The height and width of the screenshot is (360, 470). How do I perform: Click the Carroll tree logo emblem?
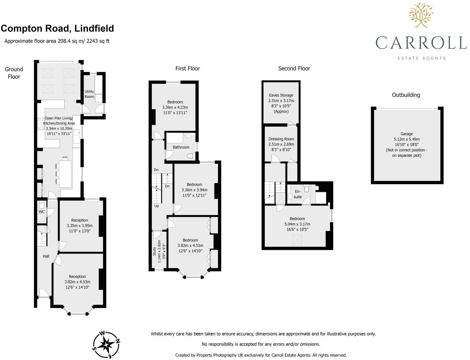click(421, 15)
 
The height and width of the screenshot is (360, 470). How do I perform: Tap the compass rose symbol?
click(106, 345)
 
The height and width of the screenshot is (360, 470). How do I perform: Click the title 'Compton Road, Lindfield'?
click(57, 29)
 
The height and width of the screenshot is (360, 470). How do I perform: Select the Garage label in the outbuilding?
click(407, 134)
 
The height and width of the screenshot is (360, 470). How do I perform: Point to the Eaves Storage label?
click(281, 95)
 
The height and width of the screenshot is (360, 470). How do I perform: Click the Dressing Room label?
click(281, 139)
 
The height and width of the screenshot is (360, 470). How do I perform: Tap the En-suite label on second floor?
click(298, 194)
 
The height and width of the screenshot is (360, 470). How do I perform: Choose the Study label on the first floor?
click(155, 252)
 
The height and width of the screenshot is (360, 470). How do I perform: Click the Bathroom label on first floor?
click(181, 147)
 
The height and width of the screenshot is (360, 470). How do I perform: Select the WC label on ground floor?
click(42, 212)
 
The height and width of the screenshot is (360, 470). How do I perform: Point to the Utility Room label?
click(89, 94)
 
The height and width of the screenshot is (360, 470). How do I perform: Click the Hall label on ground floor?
click(46, 256)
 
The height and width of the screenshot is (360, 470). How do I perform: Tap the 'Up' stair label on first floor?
click(157, 206)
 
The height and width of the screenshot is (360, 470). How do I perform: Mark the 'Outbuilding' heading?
click(406, 95)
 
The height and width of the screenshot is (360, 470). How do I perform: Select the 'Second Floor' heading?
click(294, 68)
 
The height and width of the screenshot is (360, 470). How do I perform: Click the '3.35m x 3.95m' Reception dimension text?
click(80, 226)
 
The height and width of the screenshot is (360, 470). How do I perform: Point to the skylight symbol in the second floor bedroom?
click(297, 240)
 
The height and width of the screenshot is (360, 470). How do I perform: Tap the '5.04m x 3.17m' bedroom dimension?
click(297, 224)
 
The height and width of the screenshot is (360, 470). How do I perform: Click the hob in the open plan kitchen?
click(41, 124)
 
